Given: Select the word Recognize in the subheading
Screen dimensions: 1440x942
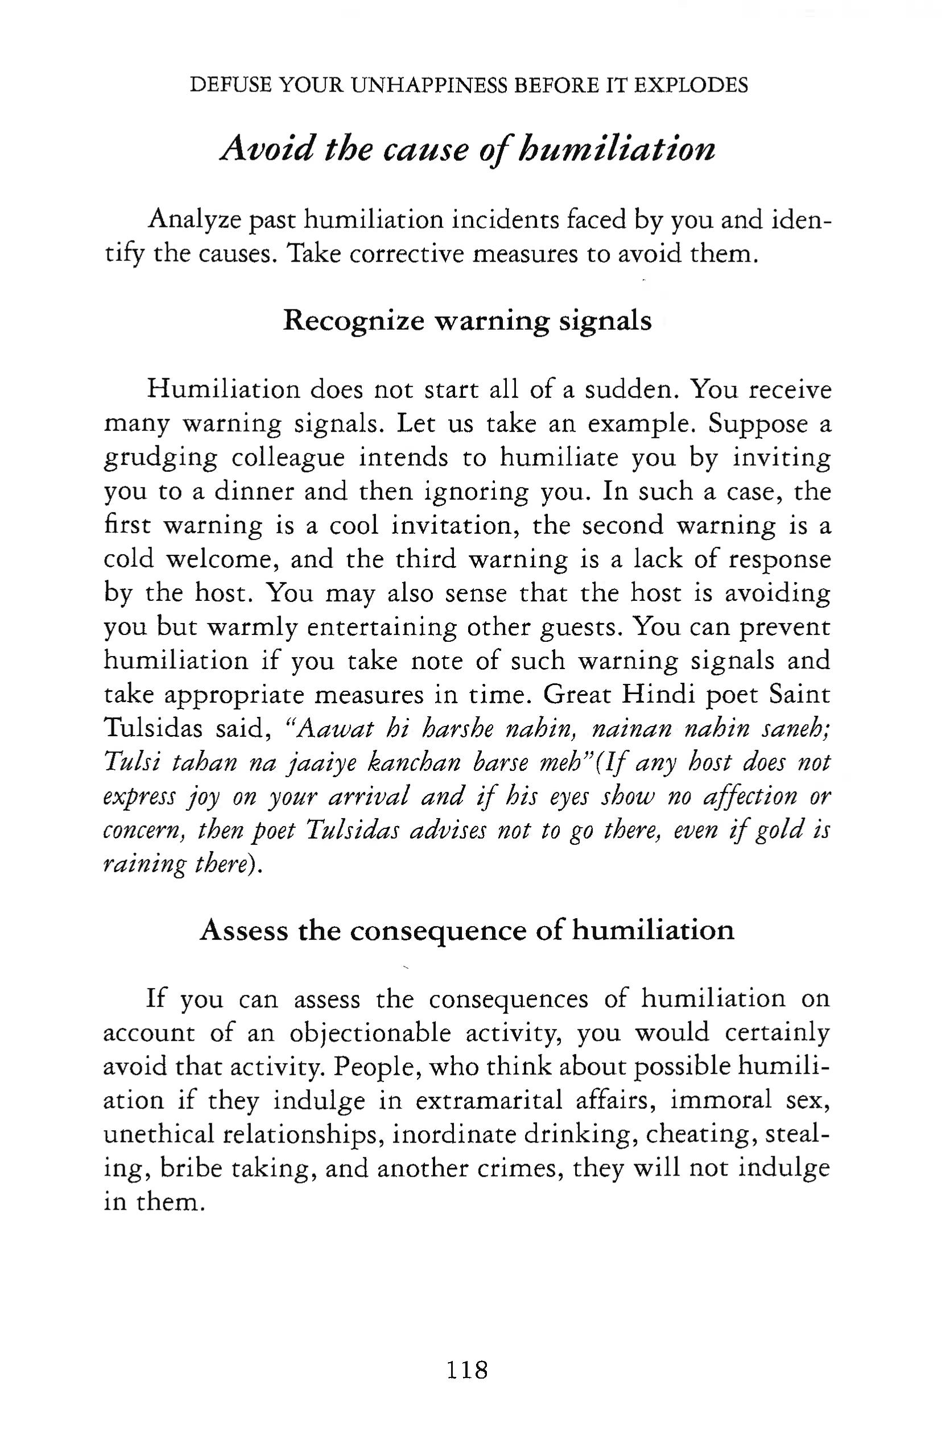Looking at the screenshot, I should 354,321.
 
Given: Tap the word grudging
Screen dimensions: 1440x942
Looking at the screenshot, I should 160,458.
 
